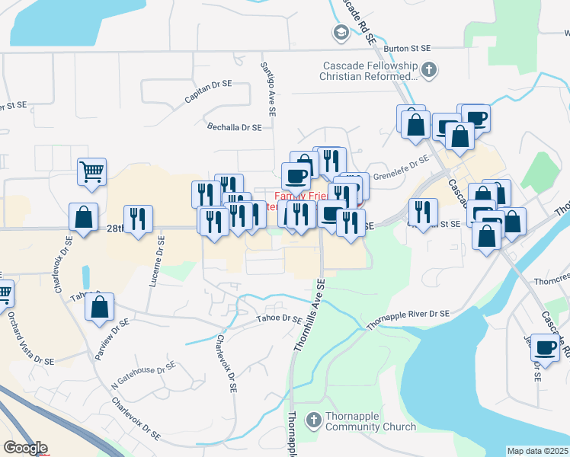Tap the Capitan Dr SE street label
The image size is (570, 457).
click(207, 94)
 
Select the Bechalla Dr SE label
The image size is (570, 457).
click(235, 128)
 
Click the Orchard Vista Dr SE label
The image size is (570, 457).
click(32, 340)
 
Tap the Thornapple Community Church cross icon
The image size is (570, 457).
click(313, 420)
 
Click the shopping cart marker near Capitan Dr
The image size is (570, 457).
click(91, 171)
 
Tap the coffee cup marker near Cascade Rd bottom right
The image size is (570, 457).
click(545, 347)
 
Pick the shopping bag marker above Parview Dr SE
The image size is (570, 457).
click(99, 307)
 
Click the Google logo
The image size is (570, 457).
click(25, 448)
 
